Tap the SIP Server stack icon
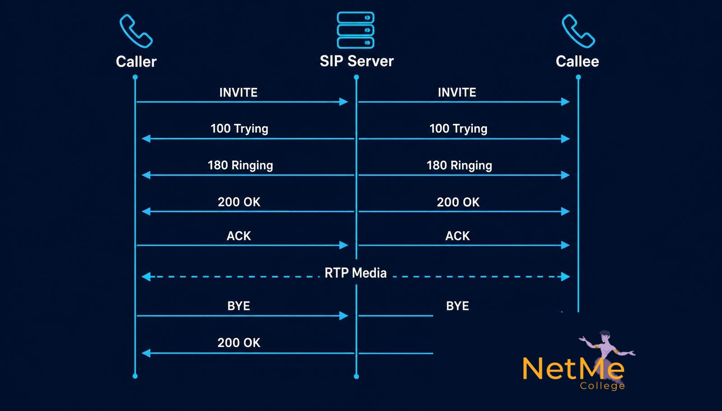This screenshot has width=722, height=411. [356, 30]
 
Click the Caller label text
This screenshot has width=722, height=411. [136, 61]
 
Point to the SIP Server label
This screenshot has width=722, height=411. [356, 61]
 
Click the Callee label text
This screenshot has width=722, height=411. [577, 61]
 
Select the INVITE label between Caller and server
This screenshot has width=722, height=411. [239, 93]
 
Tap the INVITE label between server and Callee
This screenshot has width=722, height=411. [457, 93]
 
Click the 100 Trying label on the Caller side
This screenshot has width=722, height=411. [240, 129]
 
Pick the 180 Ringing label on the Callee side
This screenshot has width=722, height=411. [459, 165]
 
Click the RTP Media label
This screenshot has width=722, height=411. [356, 273]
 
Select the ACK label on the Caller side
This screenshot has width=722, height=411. [239, 236]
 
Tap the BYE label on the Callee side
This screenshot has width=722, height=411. [458, 306]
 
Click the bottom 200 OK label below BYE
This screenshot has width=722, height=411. [239, 343]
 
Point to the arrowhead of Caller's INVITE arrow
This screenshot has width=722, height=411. [343, 102]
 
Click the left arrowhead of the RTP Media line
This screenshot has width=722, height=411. [146, 276]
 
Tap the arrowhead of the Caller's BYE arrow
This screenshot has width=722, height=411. [343, 316]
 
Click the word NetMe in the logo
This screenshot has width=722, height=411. [574, 369]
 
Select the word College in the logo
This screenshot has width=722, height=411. [602, 386]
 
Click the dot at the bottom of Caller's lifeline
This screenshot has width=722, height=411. [135, 376]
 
